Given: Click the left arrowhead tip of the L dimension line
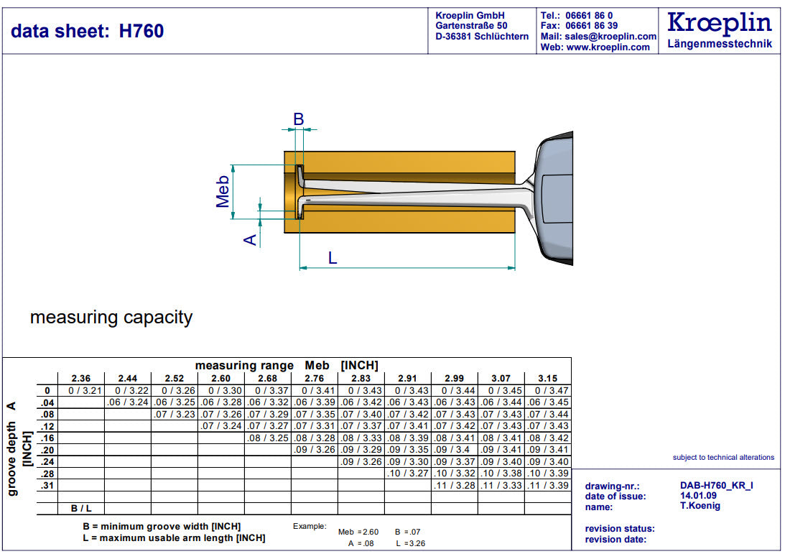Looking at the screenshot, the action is pos(299,268).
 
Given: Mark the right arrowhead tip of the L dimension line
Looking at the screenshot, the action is pos(515,268).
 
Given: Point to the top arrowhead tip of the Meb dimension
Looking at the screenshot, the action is pos(233,165).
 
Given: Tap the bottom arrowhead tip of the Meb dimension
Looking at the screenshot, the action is pos(233,219).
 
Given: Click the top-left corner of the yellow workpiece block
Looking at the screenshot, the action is pos(284,152).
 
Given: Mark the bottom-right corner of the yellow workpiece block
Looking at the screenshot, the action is pos(515,233).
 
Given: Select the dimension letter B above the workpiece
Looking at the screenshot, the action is pos(298,119).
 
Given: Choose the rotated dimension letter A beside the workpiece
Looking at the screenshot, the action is pos(250,240).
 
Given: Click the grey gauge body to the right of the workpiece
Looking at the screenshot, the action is pos(553,198).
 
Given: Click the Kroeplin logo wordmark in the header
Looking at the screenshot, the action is pos(720,23).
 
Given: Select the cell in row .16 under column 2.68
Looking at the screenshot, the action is pos(268,438).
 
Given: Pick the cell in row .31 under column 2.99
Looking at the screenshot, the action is pos(455,485).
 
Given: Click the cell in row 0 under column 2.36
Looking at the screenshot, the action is pos(81,391).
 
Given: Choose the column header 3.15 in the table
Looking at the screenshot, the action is pos(548,379).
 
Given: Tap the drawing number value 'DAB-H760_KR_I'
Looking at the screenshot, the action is pos(717,485).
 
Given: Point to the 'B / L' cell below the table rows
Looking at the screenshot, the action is pos(81,509).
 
